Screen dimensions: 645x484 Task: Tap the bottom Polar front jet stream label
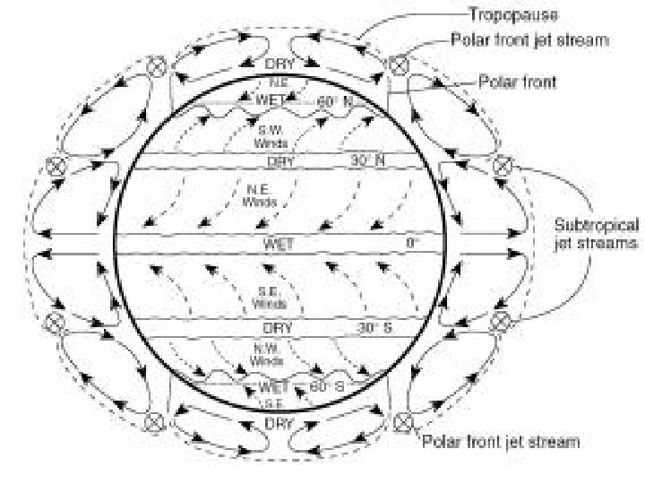click(x=501, y=441)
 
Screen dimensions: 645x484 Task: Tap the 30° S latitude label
click(x=374, y=328)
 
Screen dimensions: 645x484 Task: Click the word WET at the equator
click(x=278, y=244)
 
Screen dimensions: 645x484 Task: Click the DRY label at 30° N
click(x=280, y=162)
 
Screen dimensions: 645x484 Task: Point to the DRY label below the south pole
click(x=280, y=421)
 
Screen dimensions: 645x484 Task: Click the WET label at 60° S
click(x=272, y=387)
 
